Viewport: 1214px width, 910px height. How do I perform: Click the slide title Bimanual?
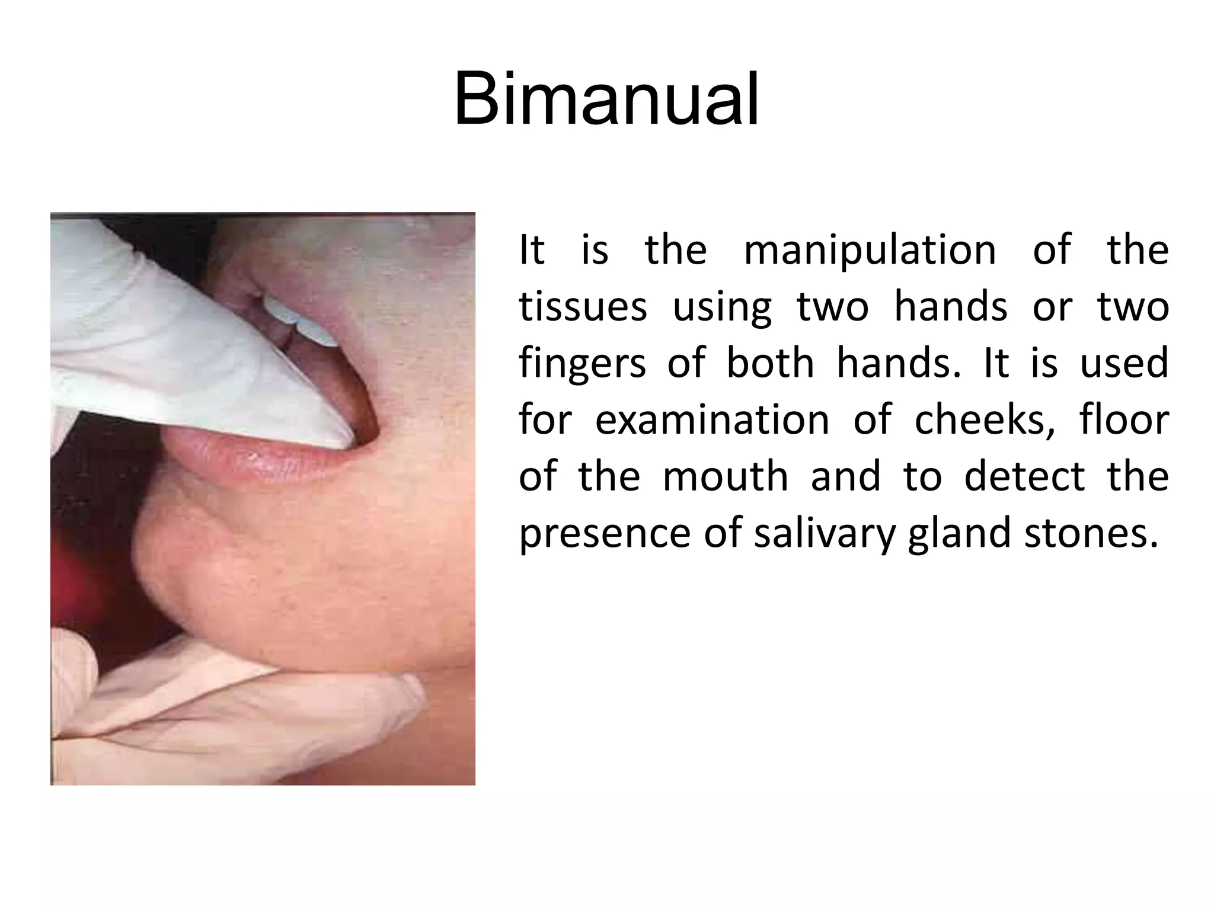(606, 99)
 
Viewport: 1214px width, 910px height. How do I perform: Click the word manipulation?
(870, 250)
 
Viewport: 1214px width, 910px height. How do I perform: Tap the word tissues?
(583, 307)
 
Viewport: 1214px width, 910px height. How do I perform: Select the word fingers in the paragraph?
(582, 364)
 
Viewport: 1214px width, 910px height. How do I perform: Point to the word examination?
(712, 420)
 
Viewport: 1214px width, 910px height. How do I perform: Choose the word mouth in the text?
(725, 476)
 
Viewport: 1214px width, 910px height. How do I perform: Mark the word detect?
(1024, 476)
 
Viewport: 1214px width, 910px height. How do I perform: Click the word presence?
(605, 533)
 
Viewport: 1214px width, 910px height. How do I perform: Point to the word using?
(722, 307)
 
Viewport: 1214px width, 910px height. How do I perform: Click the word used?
(1124, 364)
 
